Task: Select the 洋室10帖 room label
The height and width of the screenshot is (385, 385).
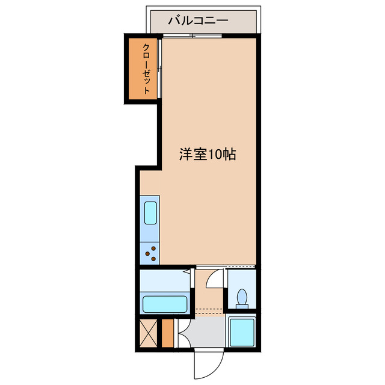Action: coord(206,155)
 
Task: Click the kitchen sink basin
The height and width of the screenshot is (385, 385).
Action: coord(150,214)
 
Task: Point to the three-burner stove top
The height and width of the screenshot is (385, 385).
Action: coord(151,253)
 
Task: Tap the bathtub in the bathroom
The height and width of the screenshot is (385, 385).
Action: coord(165,303)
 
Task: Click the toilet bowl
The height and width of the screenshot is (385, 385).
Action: coord(243,297)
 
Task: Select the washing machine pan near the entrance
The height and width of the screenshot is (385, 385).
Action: coord(242,332)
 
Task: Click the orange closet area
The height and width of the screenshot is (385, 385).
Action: coord(142,69)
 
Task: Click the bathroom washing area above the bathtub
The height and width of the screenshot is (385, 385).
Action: coord(164,281)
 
